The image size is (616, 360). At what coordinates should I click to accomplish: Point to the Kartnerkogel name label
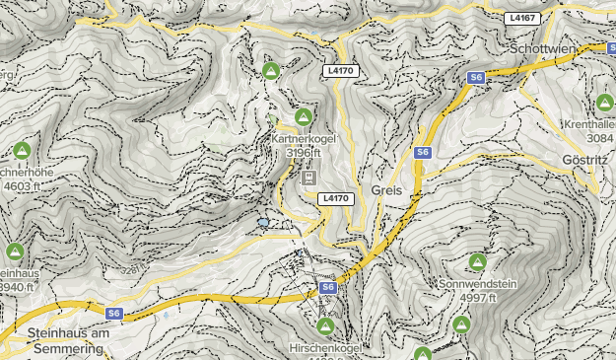tap(304, 139)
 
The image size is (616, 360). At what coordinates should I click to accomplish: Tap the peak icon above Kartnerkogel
tap(304, 117)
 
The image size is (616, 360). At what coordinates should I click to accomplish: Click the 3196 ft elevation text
tap(305, 153)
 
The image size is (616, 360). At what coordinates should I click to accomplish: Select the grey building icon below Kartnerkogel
tap(308, 177)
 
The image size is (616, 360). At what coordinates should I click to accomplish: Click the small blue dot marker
tap(263, 223)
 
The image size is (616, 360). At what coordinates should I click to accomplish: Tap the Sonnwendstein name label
tap(477, 284)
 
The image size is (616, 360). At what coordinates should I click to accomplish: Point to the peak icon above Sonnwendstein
tap(477, 262)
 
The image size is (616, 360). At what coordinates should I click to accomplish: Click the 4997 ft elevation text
tap(477, 298)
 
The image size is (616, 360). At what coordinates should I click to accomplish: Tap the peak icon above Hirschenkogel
tap(325, 325)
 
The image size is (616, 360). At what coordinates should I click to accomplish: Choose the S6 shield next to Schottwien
tap(476, 77)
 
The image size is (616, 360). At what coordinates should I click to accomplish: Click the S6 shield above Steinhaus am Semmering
tap(115, 314)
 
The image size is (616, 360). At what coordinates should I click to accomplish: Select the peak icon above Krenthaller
tap(604, 103)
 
